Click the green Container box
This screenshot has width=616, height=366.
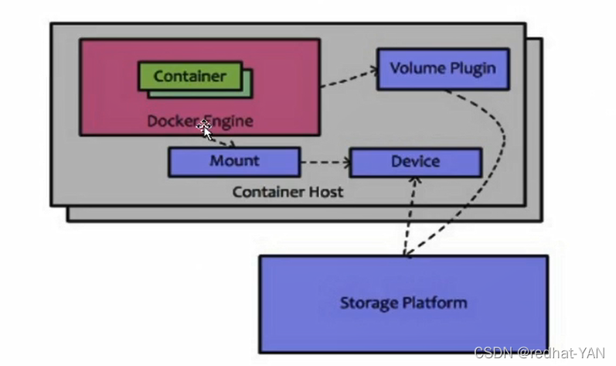pos(189,76)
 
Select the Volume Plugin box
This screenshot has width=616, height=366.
pos(442,69)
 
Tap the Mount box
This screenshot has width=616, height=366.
pos(234,162)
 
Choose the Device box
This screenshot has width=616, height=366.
pos(415,162)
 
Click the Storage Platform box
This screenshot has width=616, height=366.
pos(403,303)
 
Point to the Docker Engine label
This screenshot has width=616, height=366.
pos(200,121)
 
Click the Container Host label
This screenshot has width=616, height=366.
pos(288,191)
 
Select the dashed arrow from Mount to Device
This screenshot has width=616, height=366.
pos(325,162)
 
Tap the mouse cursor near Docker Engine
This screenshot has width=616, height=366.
pos(206,128)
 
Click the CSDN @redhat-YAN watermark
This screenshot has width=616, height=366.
pos(542,353)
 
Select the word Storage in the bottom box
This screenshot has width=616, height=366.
pos(367,302)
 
